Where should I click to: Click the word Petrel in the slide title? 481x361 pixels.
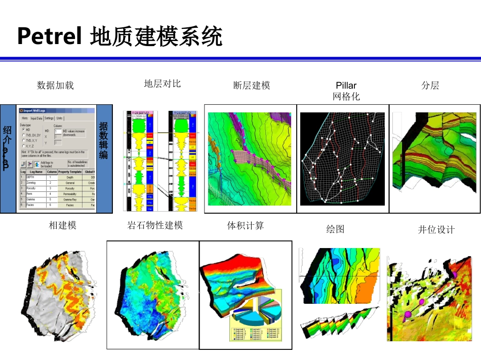tap(49, 36)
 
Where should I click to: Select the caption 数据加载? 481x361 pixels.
tap(56, 85)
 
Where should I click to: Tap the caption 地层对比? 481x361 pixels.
tap(162, 84)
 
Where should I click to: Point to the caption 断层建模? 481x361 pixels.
tap(252, 86)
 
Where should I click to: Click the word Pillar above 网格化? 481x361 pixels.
tap(346, 86)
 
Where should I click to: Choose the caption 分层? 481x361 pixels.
tap(430, 86)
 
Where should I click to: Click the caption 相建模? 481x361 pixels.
tap(63, 226)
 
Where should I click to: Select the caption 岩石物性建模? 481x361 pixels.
tap(155, 226)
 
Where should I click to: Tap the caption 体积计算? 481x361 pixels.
tap(246, 226)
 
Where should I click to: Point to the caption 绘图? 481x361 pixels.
tap(335, 229)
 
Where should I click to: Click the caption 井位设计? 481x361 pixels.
tap(436, 230)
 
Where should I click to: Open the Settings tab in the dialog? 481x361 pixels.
tap(49, 118)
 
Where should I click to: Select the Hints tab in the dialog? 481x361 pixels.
tap(24, 118)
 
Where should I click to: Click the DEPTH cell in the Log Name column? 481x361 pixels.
tap(31, 178)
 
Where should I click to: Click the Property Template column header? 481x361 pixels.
tap(70, 172)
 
